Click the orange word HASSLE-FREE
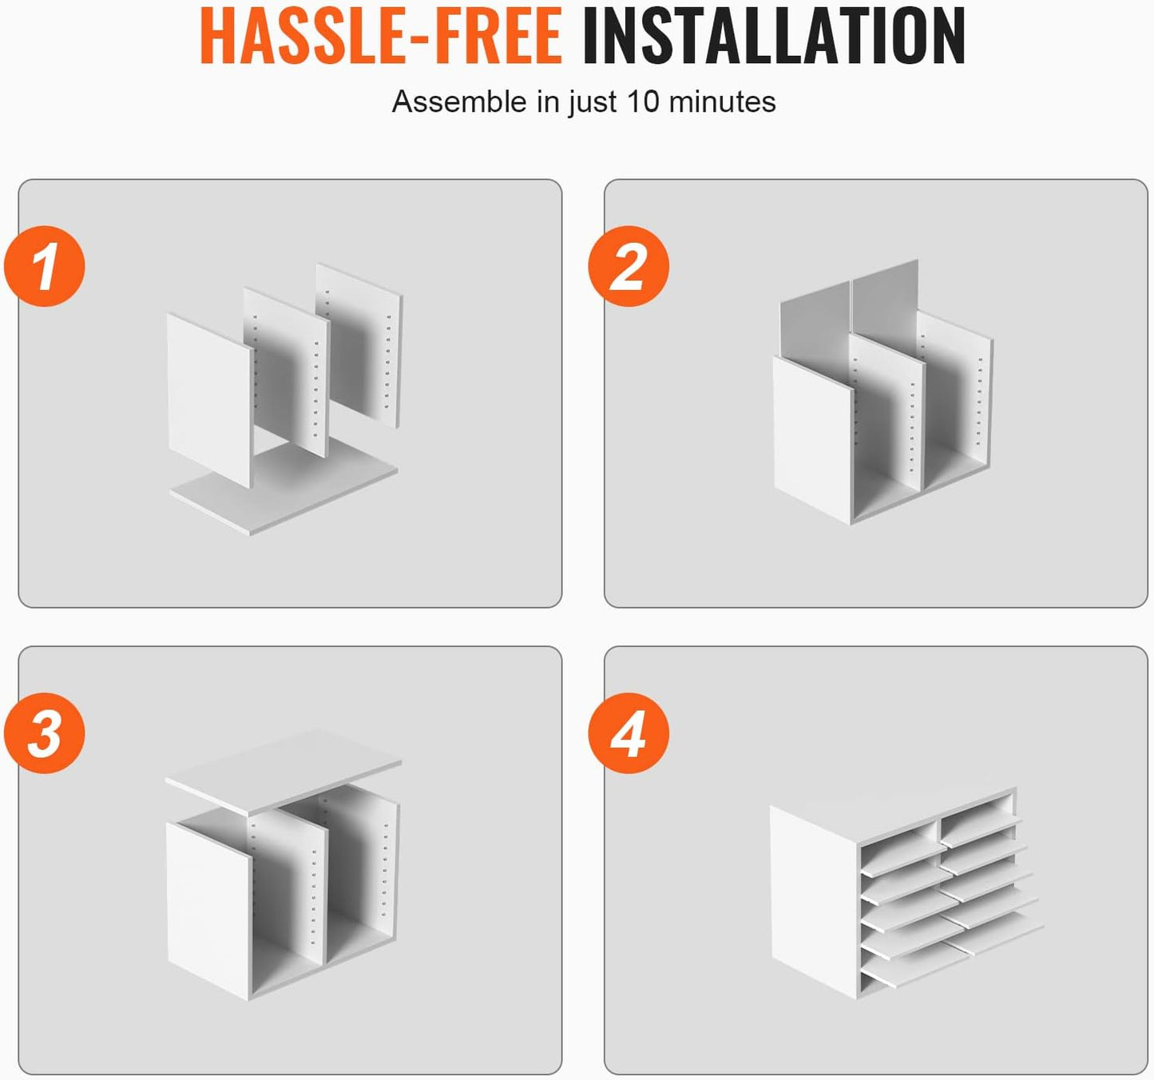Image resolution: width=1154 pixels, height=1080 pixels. (x=381, y=35)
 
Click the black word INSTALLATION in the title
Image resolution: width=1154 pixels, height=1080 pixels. (x=774, y=35)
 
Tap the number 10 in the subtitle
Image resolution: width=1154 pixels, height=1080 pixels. (x=643, y=101)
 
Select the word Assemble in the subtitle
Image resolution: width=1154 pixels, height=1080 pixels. (x=459, y=101)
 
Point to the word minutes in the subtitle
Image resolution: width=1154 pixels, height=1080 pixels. (x=722, y=101)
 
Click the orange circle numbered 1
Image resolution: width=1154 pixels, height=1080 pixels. (x=45, y=266)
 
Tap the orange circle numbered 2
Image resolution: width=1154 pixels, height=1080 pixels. (x=629, y=266)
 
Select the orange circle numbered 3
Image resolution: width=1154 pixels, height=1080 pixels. (x=45, y=733)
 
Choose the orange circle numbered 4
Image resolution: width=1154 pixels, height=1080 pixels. (x=629, y=733)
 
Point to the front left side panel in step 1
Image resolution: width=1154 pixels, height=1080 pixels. (x=211, y=400)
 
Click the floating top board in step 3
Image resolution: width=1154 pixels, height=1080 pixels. (x=284, y=771)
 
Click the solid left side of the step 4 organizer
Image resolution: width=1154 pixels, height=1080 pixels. (x=814, y=901)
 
